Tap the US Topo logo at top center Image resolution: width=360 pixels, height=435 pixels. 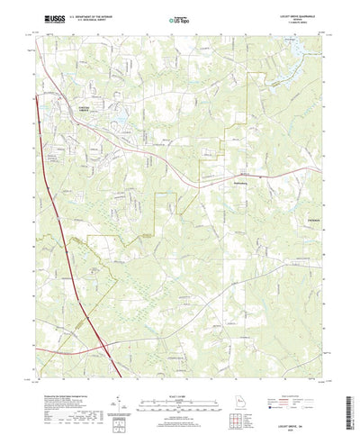pos(179,17)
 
